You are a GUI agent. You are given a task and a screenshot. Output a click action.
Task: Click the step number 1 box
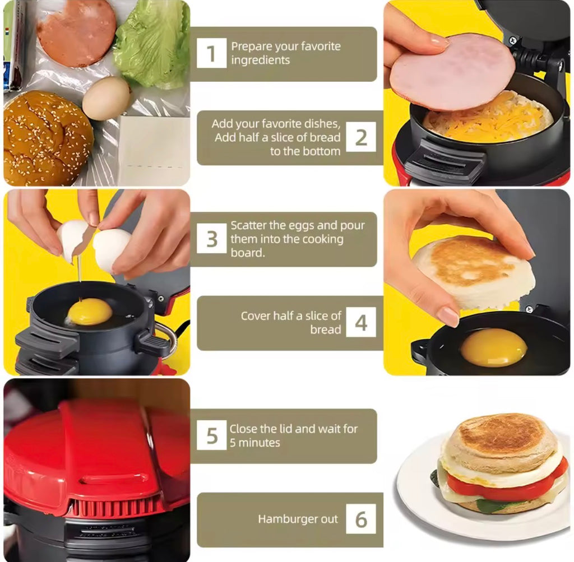point(211,54)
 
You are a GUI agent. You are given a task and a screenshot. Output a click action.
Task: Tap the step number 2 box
point(360,137)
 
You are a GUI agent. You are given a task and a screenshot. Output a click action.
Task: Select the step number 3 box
point(211,239)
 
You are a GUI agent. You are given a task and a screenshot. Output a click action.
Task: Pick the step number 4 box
point(360,323)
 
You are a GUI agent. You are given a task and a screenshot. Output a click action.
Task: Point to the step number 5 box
point(211,435)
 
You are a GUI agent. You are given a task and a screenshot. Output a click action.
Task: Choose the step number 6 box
point(360,519)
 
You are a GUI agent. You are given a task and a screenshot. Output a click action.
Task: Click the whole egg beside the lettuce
point(107,99)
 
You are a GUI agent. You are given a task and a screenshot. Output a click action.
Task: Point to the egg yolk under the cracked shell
point(90,312)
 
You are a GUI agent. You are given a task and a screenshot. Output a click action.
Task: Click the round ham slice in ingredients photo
point(77,32)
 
